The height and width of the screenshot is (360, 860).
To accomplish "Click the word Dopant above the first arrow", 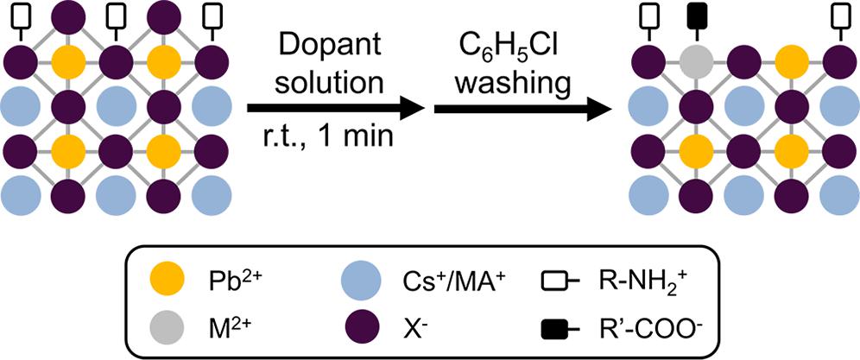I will click(336, 42).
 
